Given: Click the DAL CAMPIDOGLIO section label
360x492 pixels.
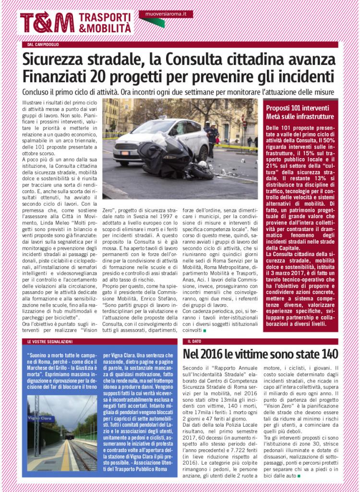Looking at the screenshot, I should click(43, 45).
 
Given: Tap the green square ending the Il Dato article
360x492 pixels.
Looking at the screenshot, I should click(299, 476).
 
